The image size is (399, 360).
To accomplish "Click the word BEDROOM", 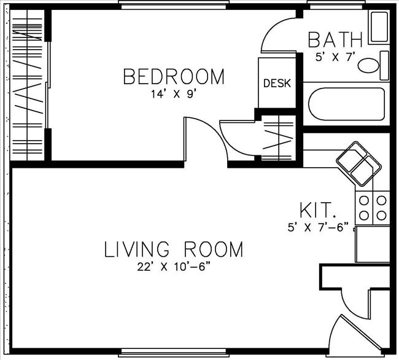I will click(x=174, y=77).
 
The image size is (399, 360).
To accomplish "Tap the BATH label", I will click(x=335, y=40).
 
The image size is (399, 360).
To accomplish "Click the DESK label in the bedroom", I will click(x=277, y=83).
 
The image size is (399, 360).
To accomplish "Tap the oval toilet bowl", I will click(x=370, y=65).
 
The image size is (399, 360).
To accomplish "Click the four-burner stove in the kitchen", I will click(x=372, y=207).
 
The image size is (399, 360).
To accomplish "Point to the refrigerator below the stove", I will click(x=372, y=244).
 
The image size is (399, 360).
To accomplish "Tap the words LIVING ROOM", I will click(x=174, y=249).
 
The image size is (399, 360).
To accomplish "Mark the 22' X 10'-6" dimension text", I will click(x=174, y=267).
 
